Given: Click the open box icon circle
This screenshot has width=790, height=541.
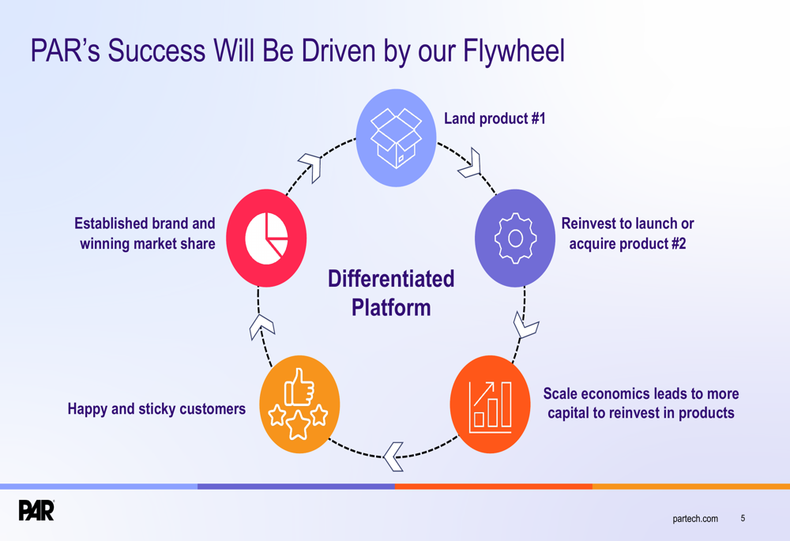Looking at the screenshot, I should click(x=396, y=137).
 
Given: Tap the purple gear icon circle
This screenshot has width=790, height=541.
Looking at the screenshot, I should click(x=514, y=237).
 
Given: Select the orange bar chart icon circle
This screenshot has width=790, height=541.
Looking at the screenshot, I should click(x=490, y=404).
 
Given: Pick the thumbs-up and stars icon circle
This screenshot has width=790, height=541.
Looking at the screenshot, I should click(x=299, y=404).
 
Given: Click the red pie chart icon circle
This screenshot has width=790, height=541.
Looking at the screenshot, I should click(x=266, y=238).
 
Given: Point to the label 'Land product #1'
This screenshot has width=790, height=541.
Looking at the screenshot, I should click(x=495, y=118).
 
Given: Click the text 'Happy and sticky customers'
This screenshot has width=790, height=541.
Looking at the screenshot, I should click(x=156, y=409).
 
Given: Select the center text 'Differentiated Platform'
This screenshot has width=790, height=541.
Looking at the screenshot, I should click(x=391, y=292).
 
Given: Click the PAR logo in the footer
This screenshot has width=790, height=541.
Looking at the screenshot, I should click(x=36, y=510).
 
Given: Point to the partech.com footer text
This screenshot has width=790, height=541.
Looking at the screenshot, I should click(x=695, y=518).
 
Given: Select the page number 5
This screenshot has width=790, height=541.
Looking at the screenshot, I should click(x=743, y=518).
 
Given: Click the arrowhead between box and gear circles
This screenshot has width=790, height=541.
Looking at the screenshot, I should click(x=471, y=163).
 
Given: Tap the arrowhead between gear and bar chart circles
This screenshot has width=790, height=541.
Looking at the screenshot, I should click(x=525, y=325).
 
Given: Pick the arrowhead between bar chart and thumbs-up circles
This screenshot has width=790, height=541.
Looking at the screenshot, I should click(x=393, y=456).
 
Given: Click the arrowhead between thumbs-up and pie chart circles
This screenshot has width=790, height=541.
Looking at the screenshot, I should click(x=261, y=325).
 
